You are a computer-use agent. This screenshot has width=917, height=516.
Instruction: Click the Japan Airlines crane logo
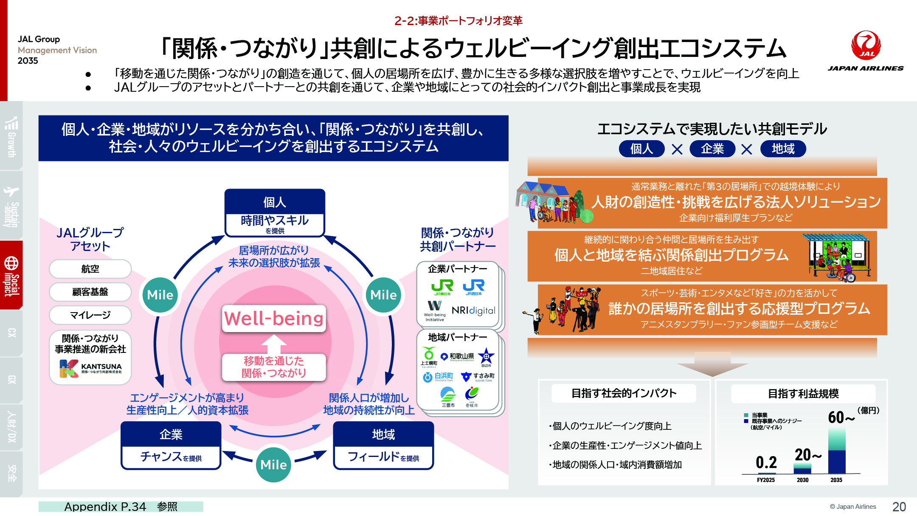tap(866, 45)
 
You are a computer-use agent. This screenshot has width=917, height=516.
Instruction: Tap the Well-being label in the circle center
tap(274, 319)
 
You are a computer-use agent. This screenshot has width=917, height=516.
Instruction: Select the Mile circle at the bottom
tap(273, 465)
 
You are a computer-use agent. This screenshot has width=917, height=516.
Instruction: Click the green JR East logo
tap(442, 287)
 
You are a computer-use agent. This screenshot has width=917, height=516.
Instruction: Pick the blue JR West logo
tap(473, 287)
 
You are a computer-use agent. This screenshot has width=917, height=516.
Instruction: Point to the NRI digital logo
tap(473, 310)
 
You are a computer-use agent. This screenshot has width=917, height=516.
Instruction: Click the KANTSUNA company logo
tap(90, 368)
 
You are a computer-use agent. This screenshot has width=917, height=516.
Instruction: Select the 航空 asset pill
tap(90, 269)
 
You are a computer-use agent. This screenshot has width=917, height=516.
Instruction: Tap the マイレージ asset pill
tap(90, 315)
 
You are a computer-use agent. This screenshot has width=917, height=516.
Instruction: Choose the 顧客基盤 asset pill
tap(90, 292)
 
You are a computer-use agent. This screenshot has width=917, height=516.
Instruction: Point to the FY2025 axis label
tap(765, 480)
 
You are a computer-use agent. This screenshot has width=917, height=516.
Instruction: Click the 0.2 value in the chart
tap(766, 462)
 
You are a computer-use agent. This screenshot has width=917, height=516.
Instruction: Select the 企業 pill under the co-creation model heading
tap(712, 149)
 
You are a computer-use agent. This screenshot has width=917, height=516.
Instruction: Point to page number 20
tap(899, 507)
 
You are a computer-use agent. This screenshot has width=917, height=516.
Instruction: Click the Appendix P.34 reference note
tap(121, 507)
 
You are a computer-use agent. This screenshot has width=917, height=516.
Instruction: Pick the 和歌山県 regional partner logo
tap(457, 356)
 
